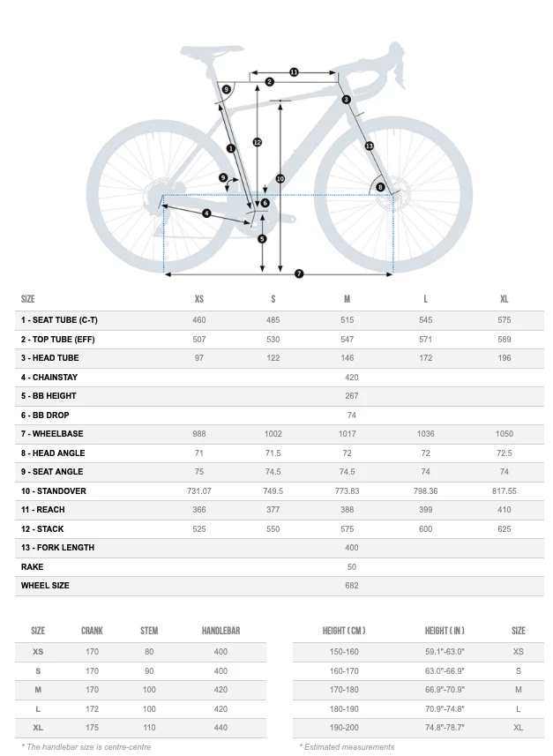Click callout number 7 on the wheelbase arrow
299,274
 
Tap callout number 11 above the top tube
294,72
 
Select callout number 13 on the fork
369,146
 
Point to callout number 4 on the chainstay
206,213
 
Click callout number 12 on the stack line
257,142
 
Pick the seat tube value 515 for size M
347,320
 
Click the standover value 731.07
198,490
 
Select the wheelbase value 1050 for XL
504,434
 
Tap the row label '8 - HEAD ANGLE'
53,453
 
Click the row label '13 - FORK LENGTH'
57,548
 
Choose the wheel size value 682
351,586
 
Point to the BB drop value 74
351,415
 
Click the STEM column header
149,631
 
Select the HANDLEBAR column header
220,631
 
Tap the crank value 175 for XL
92,727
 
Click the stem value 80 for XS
149,652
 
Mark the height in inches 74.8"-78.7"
444,727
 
